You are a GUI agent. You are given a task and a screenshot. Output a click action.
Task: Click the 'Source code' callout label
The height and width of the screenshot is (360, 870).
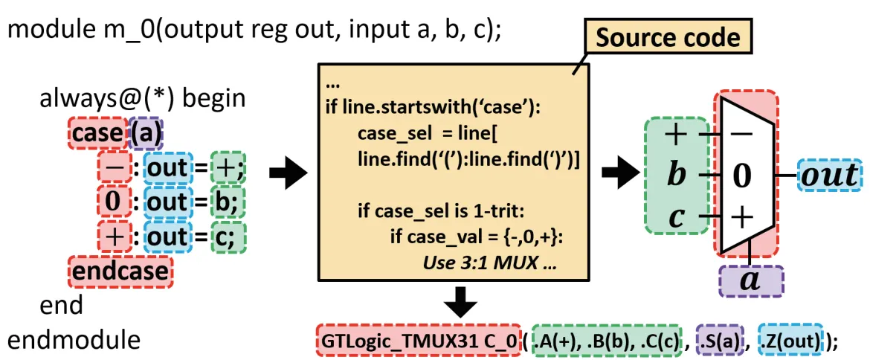pos(668,38)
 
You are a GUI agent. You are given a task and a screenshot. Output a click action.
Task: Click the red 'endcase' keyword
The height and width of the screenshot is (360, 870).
pos(119,271)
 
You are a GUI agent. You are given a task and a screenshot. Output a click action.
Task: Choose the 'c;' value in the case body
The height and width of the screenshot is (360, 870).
pos(228,237)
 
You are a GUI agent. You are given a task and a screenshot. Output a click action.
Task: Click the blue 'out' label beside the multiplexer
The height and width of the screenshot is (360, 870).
pos(829,176)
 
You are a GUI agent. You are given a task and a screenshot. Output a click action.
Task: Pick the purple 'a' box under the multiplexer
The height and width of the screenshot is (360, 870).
pos(750,281)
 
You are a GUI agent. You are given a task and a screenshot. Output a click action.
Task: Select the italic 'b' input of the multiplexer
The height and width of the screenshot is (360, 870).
pos(677,176)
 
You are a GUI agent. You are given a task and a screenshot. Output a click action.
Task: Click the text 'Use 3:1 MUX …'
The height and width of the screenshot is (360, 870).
pos(490,263)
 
